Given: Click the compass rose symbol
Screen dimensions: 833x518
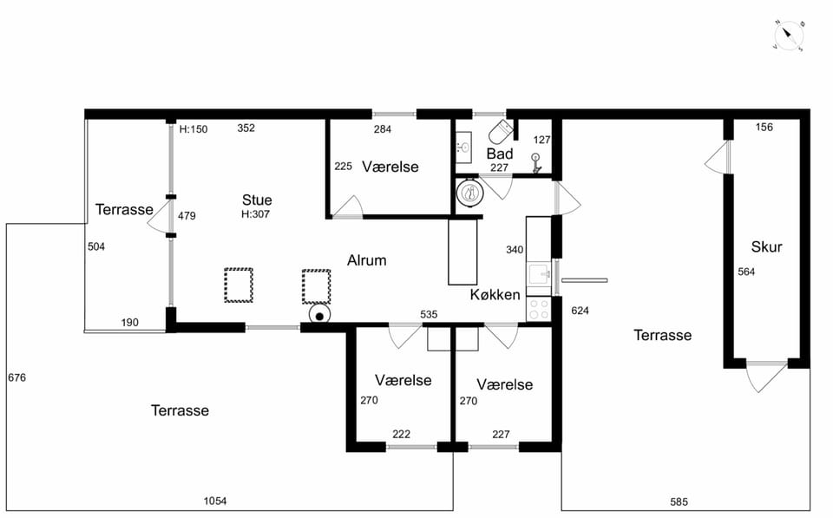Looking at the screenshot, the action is (789, 36).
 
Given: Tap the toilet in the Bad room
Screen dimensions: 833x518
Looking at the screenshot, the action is (501, 132).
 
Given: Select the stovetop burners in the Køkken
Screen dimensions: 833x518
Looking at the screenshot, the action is (539, 309).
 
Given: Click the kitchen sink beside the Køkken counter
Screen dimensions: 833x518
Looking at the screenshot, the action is (539, 274).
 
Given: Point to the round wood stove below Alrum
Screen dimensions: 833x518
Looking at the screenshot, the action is (320, 315).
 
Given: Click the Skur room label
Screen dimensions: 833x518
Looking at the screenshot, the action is (766, 247).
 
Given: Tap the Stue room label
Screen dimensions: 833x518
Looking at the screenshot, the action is (257, 200).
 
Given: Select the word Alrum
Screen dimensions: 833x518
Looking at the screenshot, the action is (366, 260).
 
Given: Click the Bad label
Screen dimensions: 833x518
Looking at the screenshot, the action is (500, 154).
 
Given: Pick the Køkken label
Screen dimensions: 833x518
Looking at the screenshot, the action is (495, 295).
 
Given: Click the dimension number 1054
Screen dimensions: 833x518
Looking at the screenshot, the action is (215, 501).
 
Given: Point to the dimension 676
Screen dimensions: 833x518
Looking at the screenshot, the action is (17, 377).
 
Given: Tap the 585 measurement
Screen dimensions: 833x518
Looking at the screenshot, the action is (679, 502).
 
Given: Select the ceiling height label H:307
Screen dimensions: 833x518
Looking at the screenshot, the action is (255, 214).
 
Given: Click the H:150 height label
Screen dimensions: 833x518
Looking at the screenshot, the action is (193, 129).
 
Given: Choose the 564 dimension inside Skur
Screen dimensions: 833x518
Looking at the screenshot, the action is (746, 272).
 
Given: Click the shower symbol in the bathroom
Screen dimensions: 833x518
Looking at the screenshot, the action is (536, 163).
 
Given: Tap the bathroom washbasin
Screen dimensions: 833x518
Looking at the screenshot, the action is (463, 148).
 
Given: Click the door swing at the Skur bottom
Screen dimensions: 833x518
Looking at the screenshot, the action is (766, 377).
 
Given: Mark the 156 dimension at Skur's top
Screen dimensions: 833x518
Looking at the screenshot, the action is (764, 127).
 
